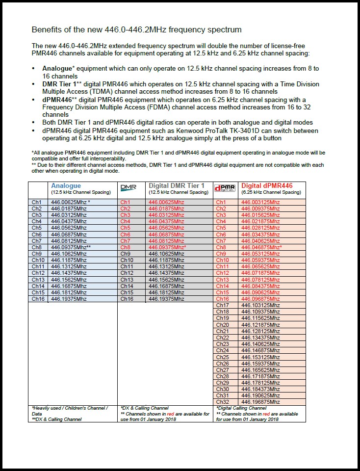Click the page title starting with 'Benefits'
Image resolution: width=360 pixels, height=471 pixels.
pyautogui.click(x=136, y=29)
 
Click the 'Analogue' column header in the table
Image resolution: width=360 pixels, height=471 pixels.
pyautogui.click(x=66, y=186)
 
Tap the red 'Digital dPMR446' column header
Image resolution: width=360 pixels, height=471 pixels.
pyautogui.click(x=267, y=186)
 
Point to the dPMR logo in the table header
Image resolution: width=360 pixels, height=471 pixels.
pyautogui.click(x=225, y=188)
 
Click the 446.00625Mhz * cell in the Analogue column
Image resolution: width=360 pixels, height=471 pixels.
pyautogui.click(x=71, y=202)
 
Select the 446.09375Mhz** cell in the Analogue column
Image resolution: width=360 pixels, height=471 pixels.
pyautogui.click(x=71, y=247)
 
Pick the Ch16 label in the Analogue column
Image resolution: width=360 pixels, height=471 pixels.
pyautogui.click(x=38, y=299)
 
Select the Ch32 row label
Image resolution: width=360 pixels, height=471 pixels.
pyautogui.click(x=222, y=402)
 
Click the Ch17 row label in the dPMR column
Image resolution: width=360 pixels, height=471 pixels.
pyautogui.click(x=222, y=305)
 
